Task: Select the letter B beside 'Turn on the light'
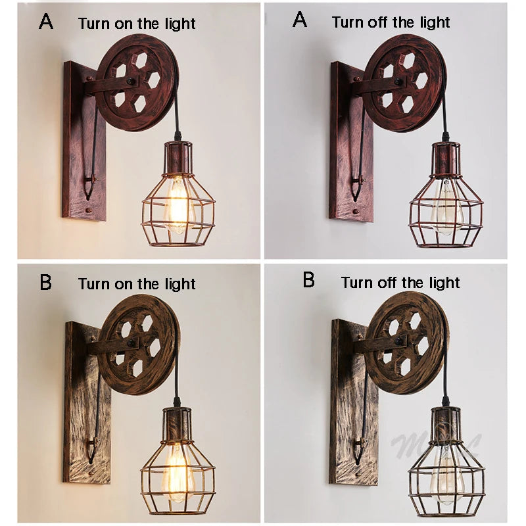(46, 282)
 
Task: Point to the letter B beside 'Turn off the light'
(308, 281)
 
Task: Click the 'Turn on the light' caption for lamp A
(137, 24)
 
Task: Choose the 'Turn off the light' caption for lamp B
(400, 283)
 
